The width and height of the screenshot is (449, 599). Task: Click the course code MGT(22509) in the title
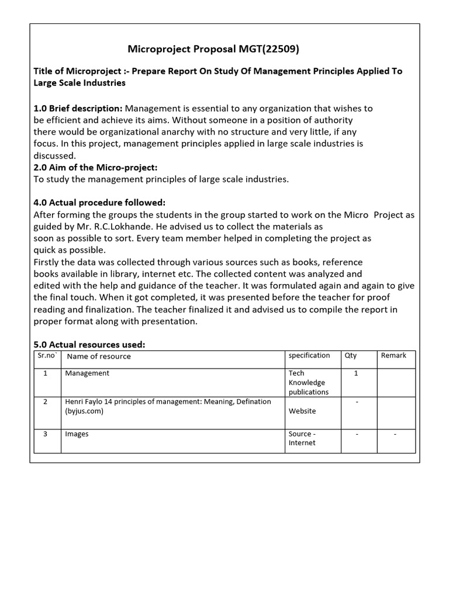point(268,50)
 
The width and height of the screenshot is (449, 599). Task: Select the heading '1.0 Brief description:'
point(78,108)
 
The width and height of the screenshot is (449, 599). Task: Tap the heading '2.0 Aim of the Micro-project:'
point(95,167)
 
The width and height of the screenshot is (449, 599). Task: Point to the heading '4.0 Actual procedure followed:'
point(99,202)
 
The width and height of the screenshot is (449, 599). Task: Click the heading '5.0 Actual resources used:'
point(89,345)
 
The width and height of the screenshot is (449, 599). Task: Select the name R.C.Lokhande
point(122,226)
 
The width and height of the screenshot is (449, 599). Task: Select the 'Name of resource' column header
point(99,356)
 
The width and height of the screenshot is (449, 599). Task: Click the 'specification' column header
point(309,356)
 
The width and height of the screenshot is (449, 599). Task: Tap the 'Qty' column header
point(351,356)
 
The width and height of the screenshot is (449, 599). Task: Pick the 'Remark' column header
point(393,356)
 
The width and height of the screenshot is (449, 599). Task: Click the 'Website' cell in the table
point(302,411)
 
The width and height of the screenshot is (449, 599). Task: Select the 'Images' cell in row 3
point(77,434)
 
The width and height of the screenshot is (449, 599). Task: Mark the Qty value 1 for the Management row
point(357,373)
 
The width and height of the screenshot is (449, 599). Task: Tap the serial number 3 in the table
point(46,434)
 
